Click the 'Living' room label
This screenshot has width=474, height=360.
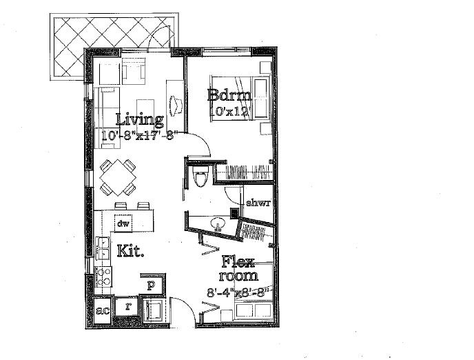click(x=139, y=119)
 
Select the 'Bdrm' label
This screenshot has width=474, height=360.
click(x=225, y=95)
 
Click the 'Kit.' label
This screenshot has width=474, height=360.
click(x=130, y=250)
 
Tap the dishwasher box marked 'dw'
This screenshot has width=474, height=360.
click(x=123, y=223)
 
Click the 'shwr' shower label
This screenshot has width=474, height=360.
click(x=257, y=203)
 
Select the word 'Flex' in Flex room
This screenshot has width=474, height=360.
click(x=238, y=261)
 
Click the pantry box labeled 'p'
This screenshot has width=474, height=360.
click(x=151, y=283)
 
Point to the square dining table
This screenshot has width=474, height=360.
click(x=117, y=177)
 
